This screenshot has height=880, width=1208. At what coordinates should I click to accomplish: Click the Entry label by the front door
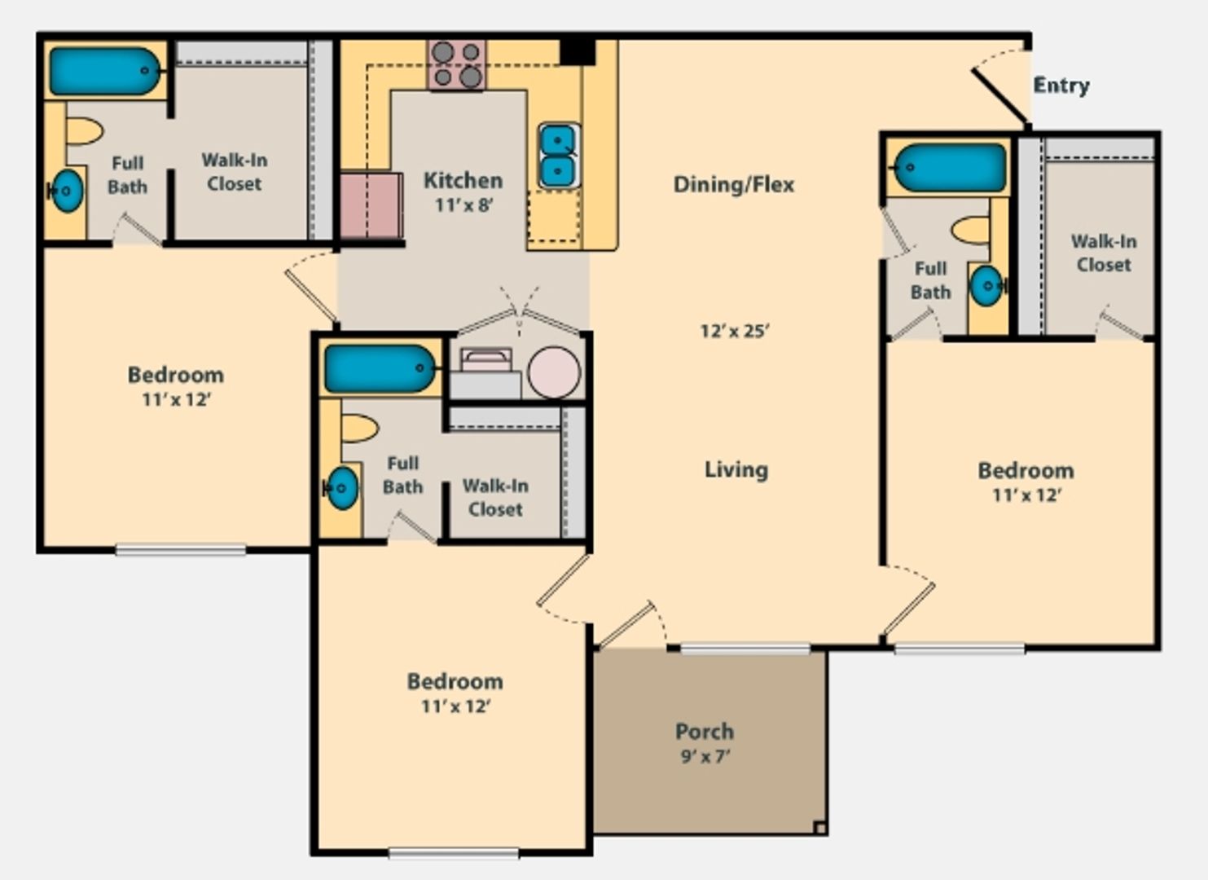coord(1061,85)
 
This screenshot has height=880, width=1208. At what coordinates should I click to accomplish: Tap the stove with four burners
coord(456,64)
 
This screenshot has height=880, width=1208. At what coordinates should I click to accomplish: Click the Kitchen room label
coord(463,180)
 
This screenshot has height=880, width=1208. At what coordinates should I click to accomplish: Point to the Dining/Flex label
coord(733,184)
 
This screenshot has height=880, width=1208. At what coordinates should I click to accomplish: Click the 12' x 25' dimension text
coord(735,331)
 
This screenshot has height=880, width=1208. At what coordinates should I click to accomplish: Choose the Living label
coord(736,469)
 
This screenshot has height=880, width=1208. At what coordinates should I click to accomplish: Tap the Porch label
coord(704,731)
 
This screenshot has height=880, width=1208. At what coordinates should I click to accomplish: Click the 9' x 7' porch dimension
coord(705,756)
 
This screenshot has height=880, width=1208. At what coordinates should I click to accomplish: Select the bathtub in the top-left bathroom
coord(105,71)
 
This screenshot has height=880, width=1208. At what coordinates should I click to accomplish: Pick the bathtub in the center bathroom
coord(380,368)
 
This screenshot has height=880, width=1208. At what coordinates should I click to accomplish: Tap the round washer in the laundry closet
coord(554,372)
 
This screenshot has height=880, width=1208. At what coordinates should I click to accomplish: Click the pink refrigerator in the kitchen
coord(371,205)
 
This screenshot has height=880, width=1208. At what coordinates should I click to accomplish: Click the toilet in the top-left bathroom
coord(84,131)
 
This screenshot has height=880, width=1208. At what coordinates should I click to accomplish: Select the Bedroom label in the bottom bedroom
coord(455,681)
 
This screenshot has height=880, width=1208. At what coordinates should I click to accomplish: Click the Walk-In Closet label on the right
coord(1103,253)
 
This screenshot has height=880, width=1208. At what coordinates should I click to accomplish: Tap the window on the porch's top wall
coord(745,649)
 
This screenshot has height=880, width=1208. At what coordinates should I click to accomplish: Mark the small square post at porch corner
coord(819,828)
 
